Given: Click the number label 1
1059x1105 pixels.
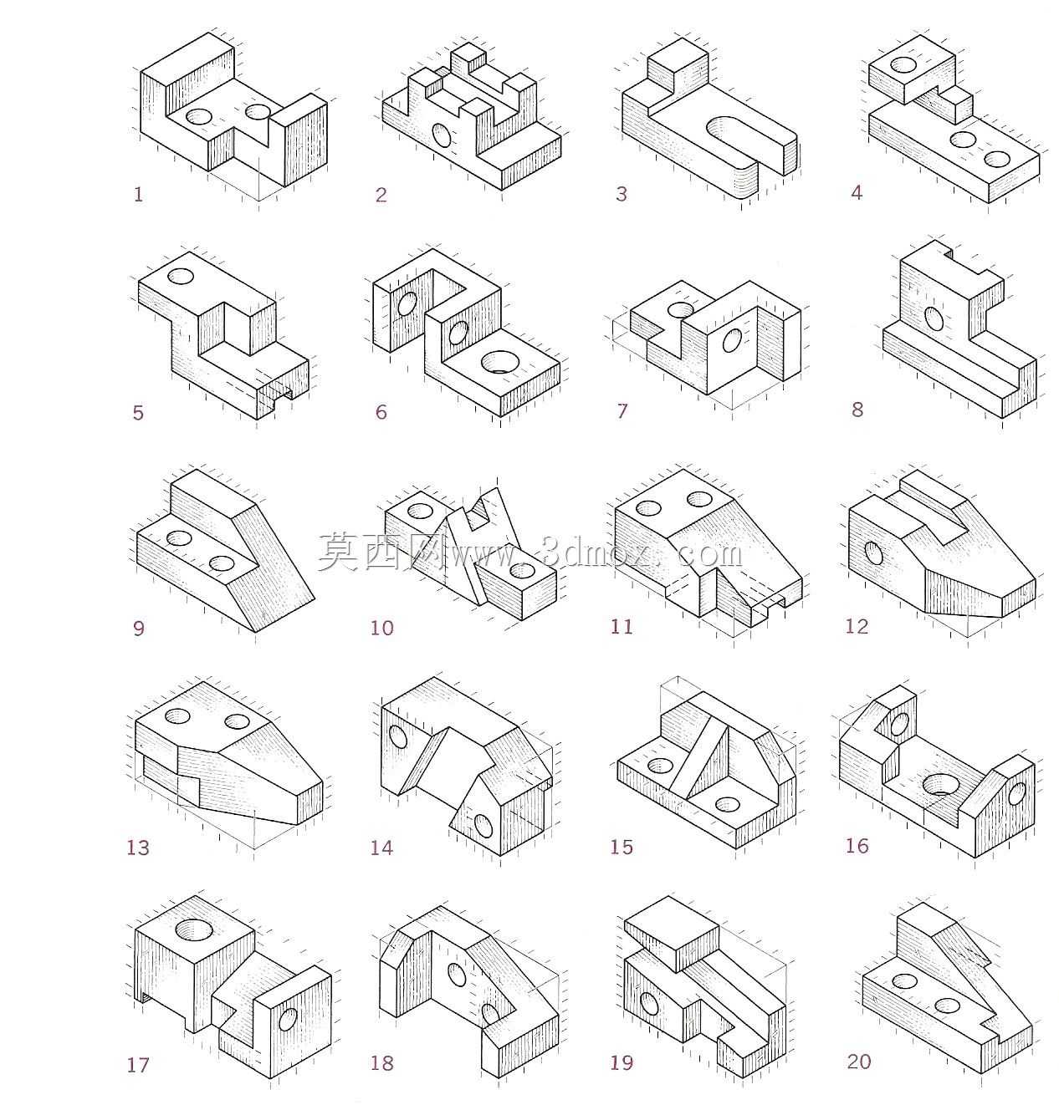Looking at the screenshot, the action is (x=138, y=195).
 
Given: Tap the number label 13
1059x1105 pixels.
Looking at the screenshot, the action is (x=137, y=848).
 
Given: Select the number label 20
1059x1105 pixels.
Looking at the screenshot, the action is (x=858, y=1062).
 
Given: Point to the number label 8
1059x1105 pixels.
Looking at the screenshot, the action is (x=857, y=410).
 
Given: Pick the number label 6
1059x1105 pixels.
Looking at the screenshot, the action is (x=381, y=412).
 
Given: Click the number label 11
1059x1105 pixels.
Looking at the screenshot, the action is (x=622, y=626).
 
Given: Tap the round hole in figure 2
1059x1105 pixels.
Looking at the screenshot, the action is (x=442, y=135).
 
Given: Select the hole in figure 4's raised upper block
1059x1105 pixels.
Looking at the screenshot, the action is (x=903, y=64).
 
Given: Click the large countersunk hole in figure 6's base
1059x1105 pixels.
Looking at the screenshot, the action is (x=501, y=362).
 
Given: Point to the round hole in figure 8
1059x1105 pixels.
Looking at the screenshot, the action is (x=934, y=318).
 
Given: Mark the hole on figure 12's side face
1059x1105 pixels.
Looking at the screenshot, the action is (x=874, y=552).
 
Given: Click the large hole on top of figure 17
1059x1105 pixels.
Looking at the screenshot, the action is (x=194, y=929).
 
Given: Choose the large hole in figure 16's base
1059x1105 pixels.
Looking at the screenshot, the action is (x=940, y=784).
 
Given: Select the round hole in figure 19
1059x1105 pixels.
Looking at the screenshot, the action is (x=649, y=1003).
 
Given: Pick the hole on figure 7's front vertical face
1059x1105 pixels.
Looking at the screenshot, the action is (x=732, y=340).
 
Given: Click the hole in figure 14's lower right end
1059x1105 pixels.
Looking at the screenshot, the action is (x=483, y=826).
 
